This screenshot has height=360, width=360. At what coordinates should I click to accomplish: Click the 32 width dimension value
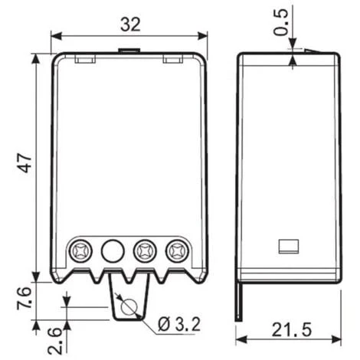[x=130, y=25]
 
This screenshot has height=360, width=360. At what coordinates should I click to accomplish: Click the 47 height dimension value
[x=26, y=163]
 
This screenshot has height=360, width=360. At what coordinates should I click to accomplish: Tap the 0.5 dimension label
[x=280, y=22]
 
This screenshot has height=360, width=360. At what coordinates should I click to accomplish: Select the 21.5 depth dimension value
[x=291, y=329]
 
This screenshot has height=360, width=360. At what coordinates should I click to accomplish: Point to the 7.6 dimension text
[x=24, y=299]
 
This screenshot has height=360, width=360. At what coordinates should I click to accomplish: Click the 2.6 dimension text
[x=54, y=342]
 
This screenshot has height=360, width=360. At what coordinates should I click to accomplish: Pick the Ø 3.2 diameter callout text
[x=178, y=324]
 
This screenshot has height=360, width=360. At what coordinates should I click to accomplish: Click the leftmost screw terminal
[x=80, y=251]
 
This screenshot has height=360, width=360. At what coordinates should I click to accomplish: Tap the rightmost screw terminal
[x=177, y=251]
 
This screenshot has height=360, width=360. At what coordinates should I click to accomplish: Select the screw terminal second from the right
[x=145, y=251]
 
